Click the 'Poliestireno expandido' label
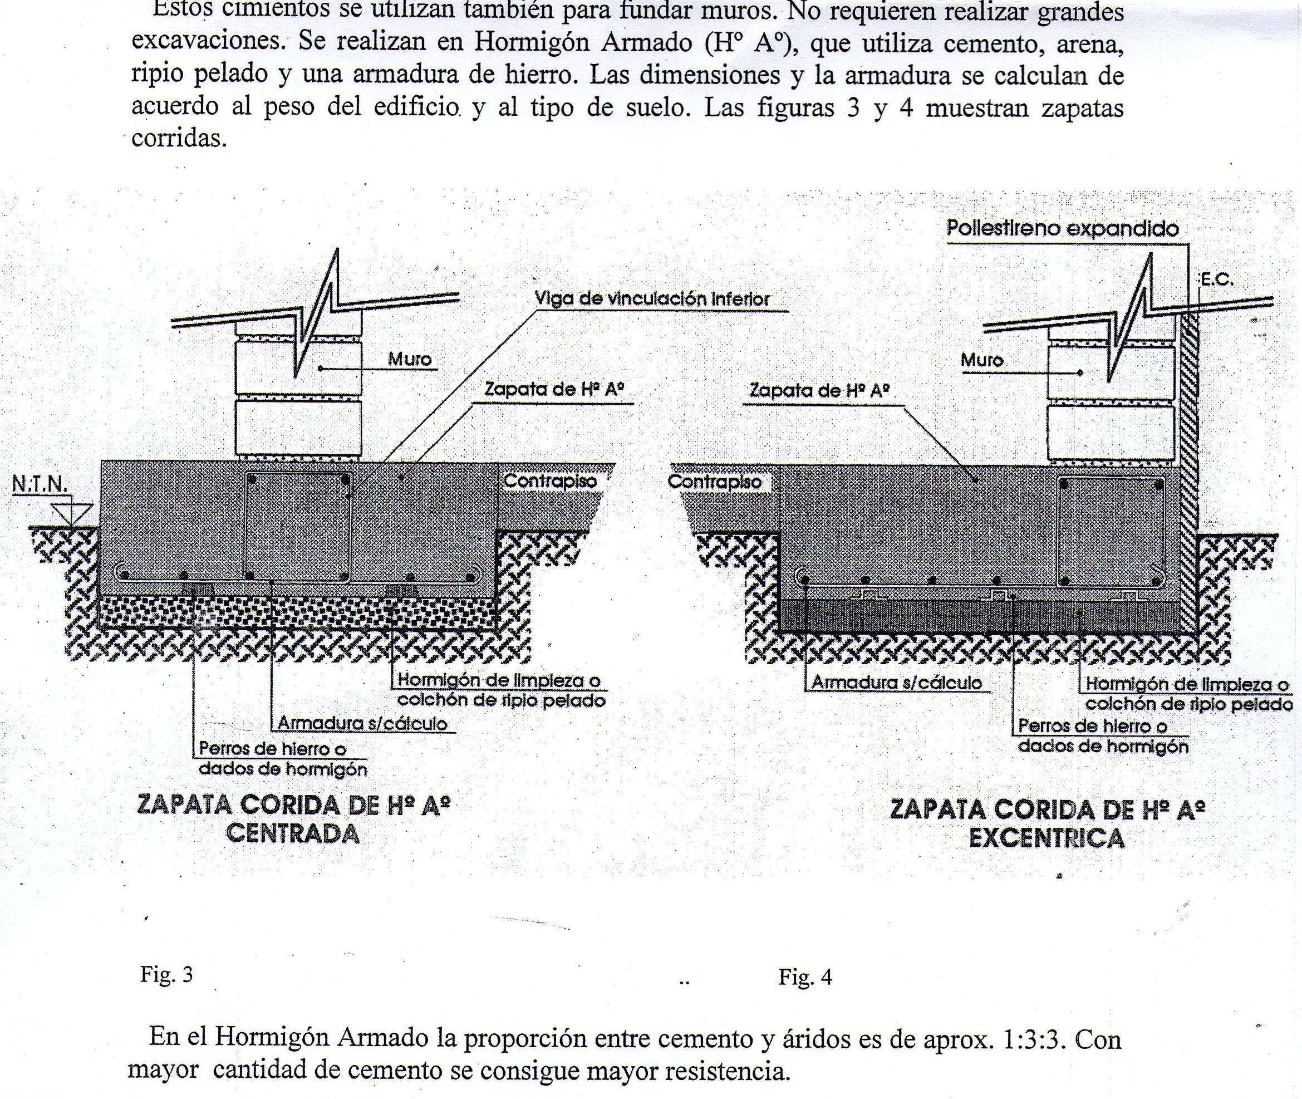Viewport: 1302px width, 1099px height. (x=1062, y=229)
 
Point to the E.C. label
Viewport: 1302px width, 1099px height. (x=1217, y=279)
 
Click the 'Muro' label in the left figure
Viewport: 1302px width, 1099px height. (x=409, y=360)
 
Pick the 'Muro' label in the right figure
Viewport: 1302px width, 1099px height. (x=982, y=360)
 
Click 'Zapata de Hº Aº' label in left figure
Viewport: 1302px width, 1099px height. (x=554, y=390)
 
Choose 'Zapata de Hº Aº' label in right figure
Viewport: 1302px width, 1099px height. (x=819, y=391)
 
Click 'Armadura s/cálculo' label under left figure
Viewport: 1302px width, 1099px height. (x=362, y=723)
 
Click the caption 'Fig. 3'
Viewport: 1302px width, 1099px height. (x=167, y=974)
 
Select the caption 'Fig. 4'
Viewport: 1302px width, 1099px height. (x=805, y=977)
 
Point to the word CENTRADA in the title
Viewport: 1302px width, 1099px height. (x=293, y=833)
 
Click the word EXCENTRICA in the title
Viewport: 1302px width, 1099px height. (x=1046, y=838)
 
